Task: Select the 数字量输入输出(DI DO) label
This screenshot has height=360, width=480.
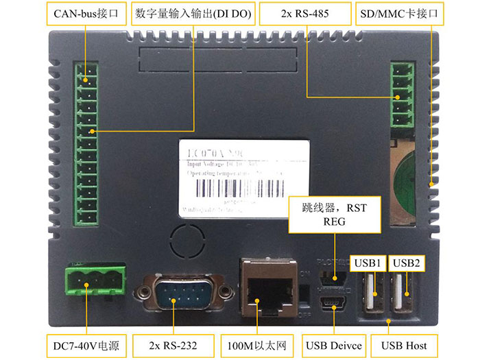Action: tap(193, 13)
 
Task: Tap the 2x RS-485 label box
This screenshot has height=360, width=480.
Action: tap(307, 13)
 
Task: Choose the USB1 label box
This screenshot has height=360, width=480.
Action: tap(368, 263)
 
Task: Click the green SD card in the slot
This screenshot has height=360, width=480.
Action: tap(403, 175)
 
